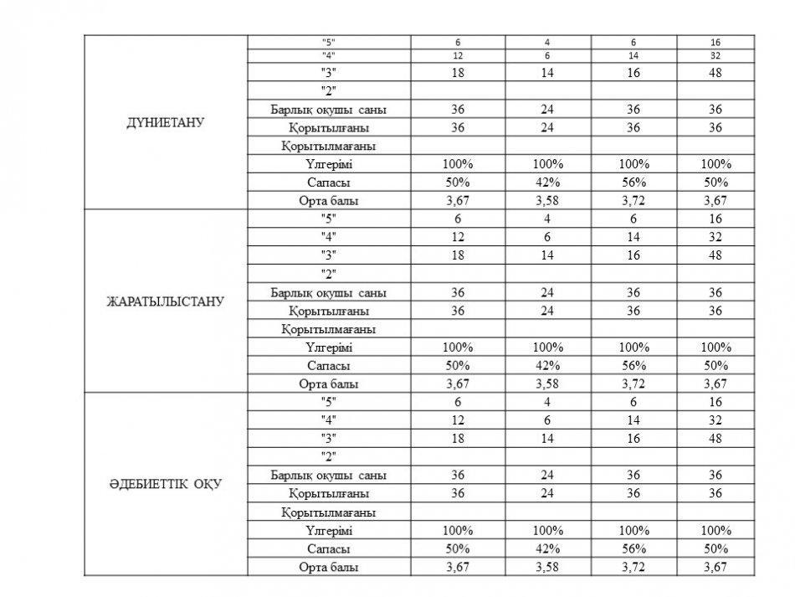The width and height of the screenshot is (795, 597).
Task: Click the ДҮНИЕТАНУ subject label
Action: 166,122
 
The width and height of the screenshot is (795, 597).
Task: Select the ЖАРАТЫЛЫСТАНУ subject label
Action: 166,301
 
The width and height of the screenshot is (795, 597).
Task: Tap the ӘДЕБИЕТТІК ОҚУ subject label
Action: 166,484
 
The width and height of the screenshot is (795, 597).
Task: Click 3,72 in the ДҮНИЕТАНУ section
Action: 633,201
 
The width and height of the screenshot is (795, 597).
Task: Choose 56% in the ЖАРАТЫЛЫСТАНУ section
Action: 633,365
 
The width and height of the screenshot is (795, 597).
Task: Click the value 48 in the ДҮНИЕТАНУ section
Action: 714,73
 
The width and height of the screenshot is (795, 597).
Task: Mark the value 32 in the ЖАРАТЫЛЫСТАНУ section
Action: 714,237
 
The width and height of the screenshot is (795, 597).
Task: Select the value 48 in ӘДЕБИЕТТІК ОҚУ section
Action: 714,438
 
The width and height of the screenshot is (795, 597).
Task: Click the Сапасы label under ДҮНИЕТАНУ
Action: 329,183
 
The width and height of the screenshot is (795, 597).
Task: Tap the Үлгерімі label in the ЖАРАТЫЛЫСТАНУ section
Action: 329,347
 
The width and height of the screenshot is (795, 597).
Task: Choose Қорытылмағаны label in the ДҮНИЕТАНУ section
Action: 328,146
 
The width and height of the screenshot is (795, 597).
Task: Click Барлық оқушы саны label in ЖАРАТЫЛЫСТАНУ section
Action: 329,293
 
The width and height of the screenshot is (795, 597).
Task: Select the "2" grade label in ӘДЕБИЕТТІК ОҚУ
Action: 329,456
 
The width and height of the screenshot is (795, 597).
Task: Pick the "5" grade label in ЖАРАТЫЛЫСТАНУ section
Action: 329,219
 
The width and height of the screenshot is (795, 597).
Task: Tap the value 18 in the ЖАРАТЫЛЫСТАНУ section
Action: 458,255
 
